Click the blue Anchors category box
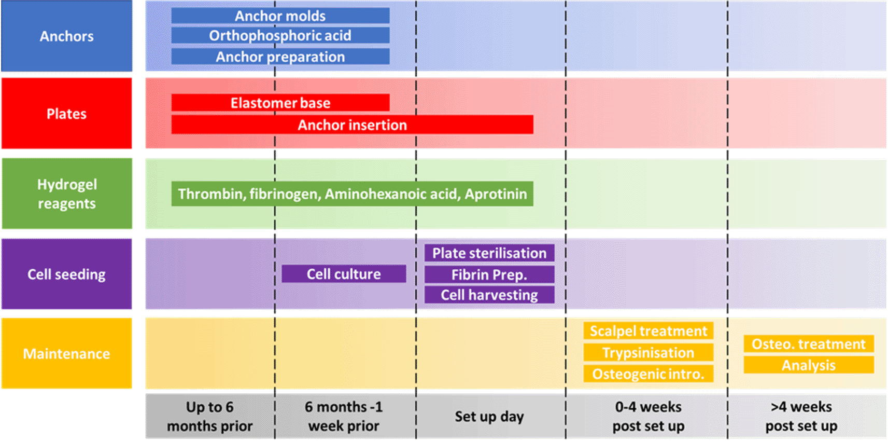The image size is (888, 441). point(66,36)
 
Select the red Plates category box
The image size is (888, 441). point(66,114)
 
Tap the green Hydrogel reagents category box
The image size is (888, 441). point(66,194)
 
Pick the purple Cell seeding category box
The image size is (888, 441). point(66,274)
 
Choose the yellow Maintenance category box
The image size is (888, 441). point(66,353)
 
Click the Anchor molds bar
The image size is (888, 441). point(280,16)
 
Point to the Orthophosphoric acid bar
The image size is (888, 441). point(280,35)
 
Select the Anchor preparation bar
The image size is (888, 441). point(280,57)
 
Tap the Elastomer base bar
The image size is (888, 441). point(280,103)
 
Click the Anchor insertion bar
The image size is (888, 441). point(352,125)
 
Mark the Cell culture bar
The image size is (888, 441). point(344,273)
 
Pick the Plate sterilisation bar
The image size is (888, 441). point(489,253)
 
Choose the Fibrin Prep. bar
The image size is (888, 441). point(489,274)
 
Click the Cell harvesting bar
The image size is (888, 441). point(489,295)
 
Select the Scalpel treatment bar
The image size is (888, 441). point(648,331)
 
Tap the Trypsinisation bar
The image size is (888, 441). point(648,353)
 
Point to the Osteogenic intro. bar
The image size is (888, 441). point(648,374)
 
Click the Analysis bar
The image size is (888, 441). point(809,365)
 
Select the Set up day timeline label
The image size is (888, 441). point(489,417)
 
